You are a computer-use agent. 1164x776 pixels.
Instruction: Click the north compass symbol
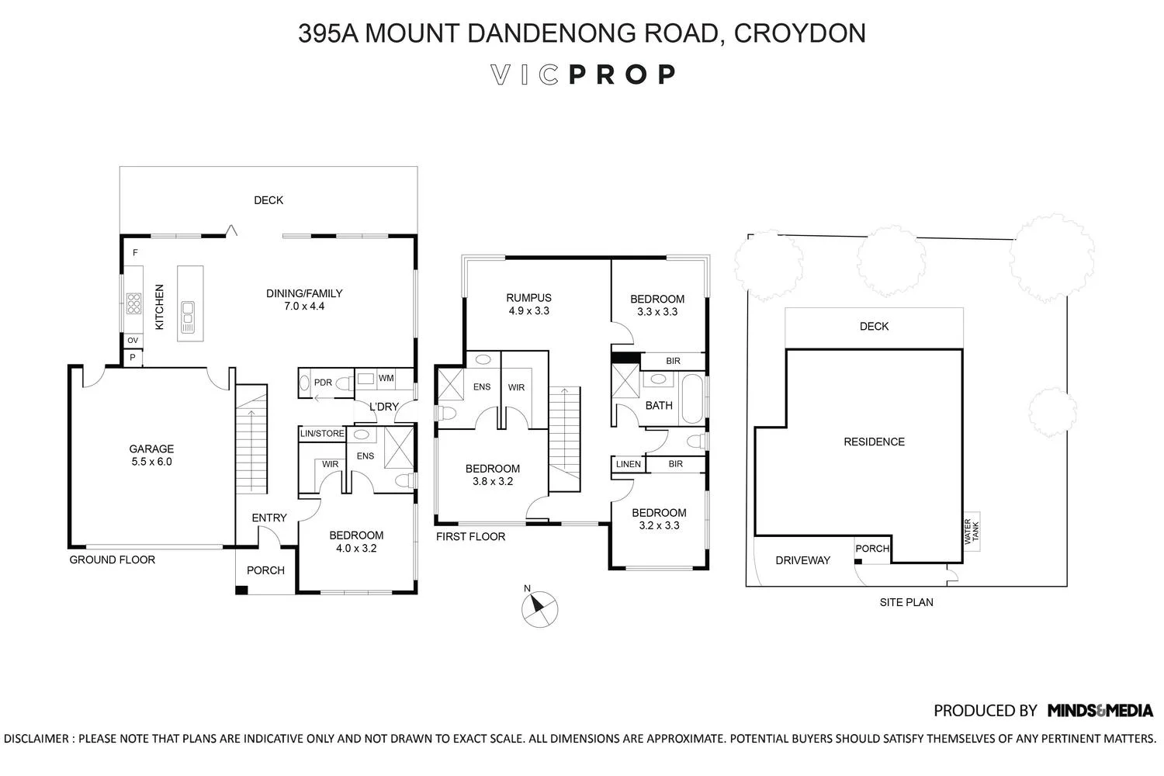tap(539, 608)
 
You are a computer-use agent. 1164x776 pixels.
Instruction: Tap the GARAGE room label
tap(151, 449)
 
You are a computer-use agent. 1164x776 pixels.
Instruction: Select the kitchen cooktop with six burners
tap(133, 303)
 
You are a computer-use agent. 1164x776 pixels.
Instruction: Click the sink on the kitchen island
tap(188, 317)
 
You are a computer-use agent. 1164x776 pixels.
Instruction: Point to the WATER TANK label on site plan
tap(972, 532)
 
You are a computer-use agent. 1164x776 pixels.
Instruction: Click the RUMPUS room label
tap(528, 298)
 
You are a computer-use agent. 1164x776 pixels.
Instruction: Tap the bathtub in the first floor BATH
tap(691, 398)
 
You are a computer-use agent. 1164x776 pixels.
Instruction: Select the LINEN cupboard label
tap(629, 464)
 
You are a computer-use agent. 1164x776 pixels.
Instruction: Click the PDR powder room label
tap(323, 383)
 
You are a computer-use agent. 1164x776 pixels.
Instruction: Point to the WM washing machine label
tap(386, 378)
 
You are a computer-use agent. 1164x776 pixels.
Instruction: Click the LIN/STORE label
tap(322, 434)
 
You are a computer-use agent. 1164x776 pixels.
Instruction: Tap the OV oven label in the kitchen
tap(133, 341)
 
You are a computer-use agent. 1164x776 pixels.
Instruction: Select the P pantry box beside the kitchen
tap(133, 358)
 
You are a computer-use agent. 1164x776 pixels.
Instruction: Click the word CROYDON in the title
tap(800, 33)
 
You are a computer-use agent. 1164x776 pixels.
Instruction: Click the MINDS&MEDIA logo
tap(1100, 711)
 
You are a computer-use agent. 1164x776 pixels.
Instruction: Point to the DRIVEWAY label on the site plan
tap(802, 560)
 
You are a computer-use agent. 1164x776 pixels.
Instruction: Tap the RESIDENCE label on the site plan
tap(874, 442)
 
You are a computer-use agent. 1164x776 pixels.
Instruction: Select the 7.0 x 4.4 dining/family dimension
tap(304, 307)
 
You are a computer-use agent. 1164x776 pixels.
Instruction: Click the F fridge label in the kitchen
tap(135, 253)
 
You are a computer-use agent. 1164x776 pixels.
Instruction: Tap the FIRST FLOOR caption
tap(470, 537)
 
